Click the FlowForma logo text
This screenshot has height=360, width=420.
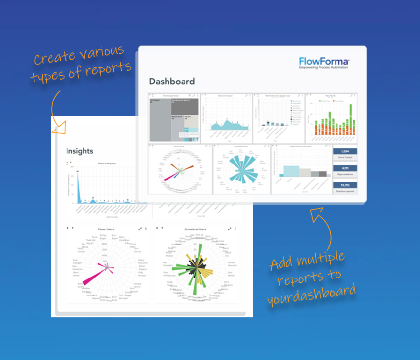[x=324, y=62]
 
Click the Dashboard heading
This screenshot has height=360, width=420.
[x=171, y=82]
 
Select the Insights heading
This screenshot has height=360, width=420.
[x=80, y=151]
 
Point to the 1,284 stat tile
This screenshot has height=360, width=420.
[x=345, y=151]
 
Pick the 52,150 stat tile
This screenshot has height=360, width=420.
[x=345, y=185]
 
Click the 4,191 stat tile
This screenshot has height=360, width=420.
[x=345, y=168]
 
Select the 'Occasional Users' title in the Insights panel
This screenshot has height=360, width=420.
[x=195, y=229]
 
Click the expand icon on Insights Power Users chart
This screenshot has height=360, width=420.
[x=140, y=229]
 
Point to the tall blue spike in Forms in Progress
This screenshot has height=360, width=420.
[x=78, y=187]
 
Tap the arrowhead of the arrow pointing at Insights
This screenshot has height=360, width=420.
[x=60, y=129]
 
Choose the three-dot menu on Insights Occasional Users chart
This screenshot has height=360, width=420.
[x=235, y=229]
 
